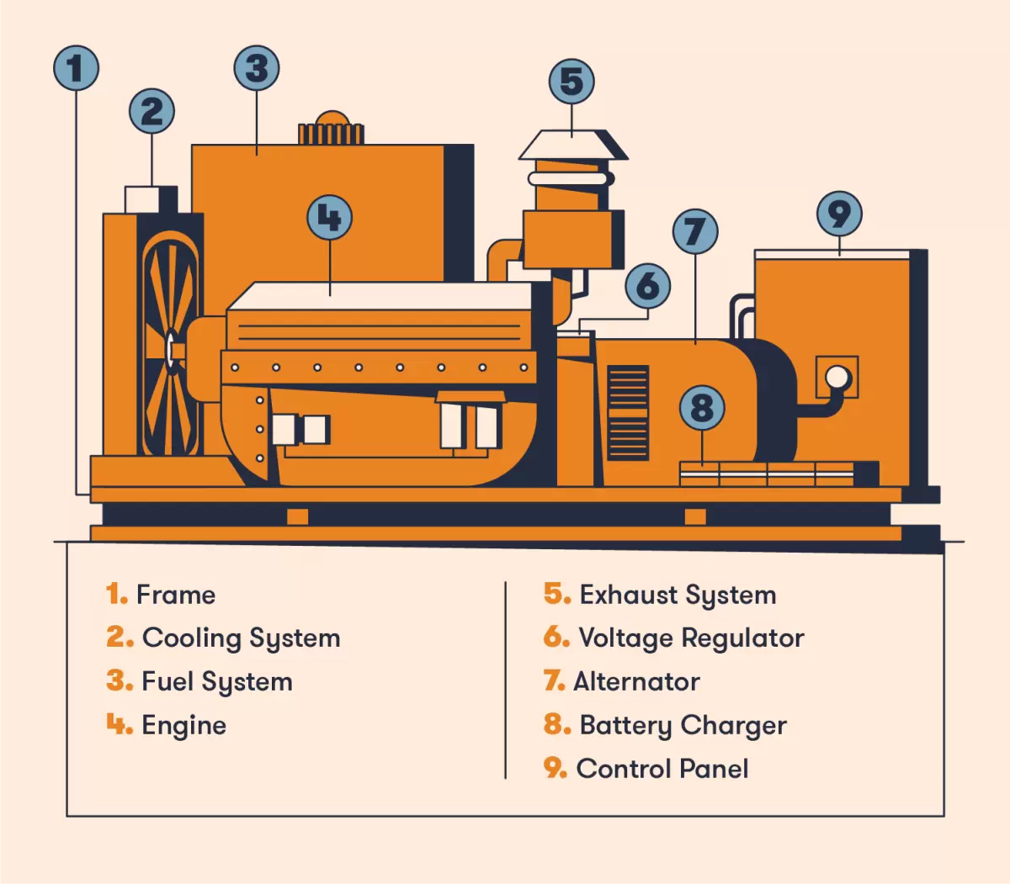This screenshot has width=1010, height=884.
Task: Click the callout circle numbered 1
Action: (76, 68)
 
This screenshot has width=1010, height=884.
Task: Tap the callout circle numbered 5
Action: (571, 82)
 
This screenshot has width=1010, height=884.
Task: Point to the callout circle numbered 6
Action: (647, 286)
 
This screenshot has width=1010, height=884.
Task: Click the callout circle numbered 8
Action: (702, 408)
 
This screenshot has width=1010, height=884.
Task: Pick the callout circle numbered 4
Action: (329, 218)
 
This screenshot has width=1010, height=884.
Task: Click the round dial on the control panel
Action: (837, 377)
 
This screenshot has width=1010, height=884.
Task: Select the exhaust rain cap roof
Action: (573, 145)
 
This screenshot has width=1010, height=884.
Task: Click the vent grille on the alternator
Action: (628, 412)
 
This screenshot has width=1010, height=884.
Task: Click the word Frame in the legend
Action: (176, 595)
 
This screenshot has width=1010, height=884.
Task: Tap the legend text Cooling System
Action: (241, 638)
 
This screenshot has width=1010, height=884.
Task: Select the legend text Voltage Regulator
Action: (691, 638)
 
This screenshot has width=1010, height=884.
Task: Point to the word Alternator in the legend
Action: (636, 681)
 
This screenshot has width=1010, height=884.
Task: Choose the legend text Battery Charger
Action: (683, 725)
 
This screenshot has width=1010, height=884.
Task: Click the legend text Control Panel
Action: (662, 769)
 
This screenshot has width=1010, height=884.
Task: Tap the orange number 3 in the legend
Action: (119, 680)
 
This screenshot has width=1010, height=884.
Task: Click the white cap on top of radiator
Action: (141, 199)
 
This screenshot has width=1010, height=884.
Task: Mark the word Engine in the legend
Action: (183, 725)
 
